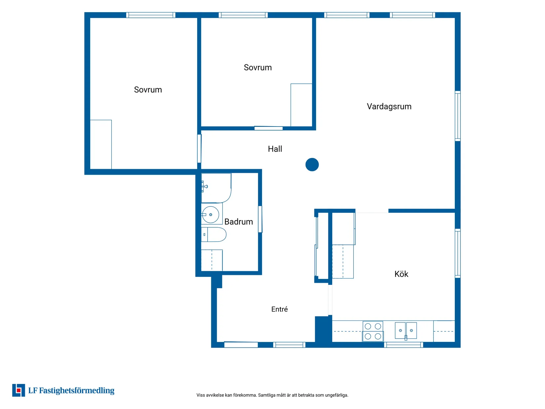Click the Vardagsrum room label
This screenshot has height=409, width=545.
click(x=389, y=106)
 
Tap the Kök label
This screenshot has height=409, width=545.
click(x=401, y=274)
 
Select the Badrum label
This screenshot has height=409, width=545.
click(x=238, y=221)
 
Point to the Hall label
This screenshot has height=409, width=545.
click(x=275, y=149)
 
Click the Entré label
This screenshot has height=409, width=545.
click(x=279, y=309)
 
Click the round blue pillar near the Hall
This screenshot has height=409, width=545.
click(x=312, y=165)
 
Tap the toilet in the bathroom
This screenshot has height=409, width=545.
click(x=213, y=235)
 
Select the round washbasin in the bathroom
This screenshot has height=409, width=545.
click(x=210, y=214)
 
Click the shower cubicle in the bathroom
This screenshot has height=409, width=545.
click(x=216, y=188)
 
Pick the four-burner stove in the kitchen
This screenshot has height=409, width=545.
click(x=373, y=331)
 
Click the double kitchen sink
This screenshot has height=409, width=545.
click(x=406, y=330)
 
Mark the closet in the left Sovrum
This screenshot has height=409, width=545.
click(x=100, y=144)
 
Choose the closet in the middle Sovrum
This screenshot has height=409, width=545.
click(x=301, y=105)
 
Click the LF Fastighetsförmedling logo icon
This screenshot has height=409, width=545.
click(x=18, y=390)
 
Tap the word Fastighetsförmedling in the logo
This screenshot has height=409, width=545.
click(x=77, y=390)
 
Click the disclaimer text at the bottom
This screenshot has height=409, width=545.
click(x=272, y=395)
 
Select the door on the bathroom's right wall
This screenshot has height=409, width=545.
click(x=260, y=219)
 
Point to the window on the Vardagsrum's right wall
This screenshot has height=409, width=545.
click(x=457, y=116)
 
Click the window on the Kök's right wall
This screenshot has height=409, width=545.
click(x=457, y=253)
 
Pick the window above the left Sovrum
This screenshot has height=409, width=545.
click(x=151, y=15)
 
